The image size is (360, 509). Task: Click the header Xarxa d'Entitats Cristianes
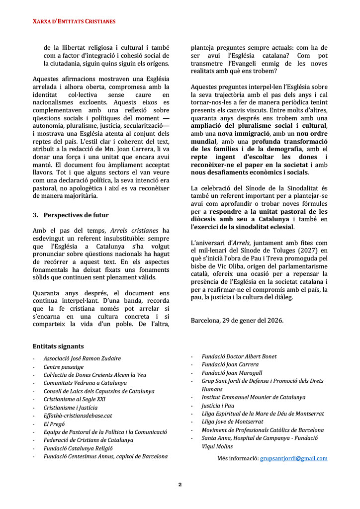tap(74, 21)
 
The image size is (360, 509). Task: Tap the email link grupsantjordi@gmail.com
tap(293, 458)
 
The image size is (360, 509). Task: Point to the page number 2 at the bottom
tap(180, 484)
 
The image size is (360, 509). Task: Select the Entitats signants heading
tap(58, 346)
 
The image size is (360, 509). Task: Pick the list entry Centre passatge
tap(63, 367)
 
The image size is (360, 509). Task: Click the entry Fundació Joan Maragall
tap(232, 373)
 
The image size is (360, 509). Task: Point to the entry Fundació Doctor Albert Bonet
tap(239, 356)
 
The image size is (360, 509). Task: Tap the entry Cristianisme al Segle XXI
tap(75, 399)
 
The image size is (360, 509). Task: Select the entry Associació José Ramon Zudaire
tap(82, 358)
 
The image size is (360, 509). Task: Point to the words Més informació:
tap(237, 458)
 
